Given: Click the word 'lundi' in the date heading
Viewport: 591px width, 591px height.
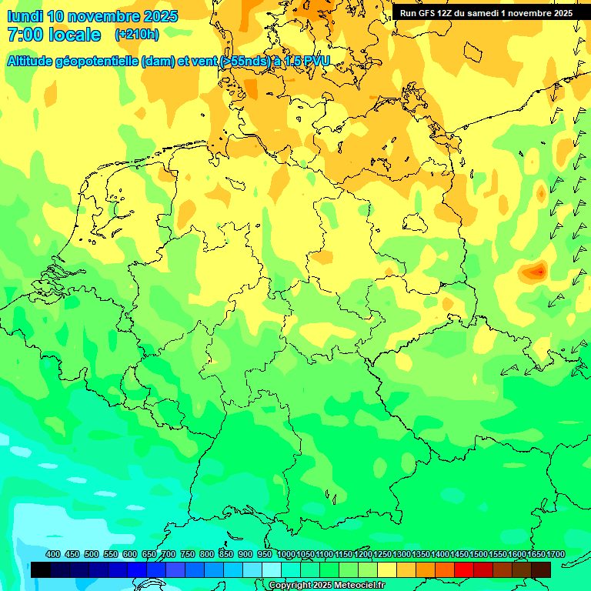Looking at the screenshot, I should point(25,15).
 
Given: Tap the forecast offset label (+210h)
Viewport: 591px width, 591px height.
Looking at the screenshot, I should point(136,35).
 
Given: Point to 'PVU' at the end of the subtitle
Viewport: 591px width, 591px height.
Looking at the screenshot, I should point(313,61).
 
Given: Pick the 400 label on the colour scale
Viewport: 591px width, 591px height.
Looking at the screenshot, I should point(53,555).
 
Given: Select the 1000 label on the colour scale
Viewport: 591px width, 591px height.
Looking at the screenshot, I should point(285,555).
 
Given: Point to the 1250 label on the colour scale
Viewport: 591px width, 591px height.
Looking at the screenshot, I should point(382,555).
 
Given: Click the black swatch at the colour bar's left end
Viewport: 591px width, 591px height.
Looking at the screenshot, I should point(41,569).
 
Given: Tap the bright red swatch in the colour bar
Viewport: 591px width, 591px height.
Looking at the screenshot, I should point(464,569).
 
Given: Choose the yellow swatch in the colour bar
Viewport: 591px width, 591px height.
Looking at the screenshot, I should point(387,569).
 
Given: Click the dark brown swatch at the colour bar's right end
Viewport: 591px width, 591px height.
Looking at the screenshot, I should point(541,569).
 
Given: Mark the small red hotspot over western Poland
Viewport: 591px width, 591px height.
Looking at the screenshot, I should point(536,271).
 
